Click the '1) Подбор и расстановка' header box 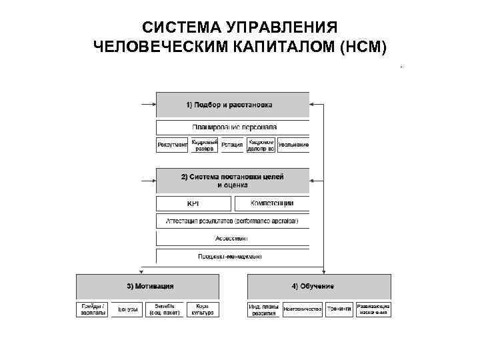click(x=233, y=105)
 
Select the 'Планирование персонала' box click(x=233, y=127)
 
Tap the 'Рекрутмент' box click(x=172, y=145)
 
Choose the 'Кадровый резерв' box click(x=203, y=145)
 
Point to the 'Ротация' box click(x=231, y=145)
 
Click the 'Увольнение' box click(x=293, y=145)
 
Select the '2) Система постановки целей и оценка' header click(x=233, y=181)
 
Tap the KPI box click(x=193, y=203)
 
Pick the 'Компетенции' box click(x=271, y=203)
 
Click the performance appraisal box click(x=233, y=221)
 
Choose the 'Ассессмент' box click(x=233, y=238)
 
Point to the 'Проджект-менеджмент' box click(x=233, y=256)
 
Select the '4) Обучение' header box click(x=319, y=287)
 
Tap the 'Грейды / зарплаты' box click(x=93, y=309)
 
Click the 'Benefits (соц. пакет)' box click(x=164, y=309)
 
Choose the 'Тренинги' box click(x=339, y=309)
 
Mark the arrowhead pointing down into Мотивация click(x=140, y=271)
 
